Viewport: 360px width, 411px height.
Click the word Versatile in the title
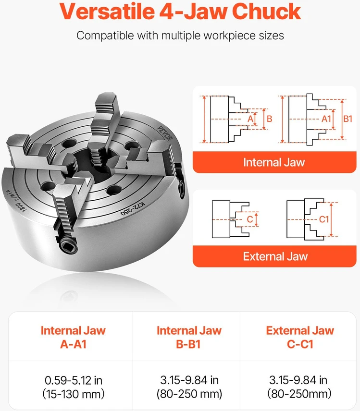pos(107,12)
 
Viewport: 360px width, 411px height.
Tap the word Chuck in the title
pos(266,12)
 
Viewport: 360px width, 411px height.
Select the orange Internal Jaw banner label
pos(274,162)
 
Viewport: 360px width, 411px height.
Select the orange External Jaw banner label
pos(275,256)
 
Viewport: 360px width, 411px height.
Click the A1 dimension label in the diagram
pos(326,119)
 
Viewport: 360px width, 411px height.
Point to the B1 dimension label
pos(348,119)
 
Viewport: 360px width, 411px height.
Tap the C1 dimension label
pos(324,219)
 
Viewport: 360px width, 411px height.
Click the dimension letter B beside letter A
pos(270,119)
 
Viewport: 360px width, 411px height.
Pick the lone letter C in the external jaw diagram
pos(250,219)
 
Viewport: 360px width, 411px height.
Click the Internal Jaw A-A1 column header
pos(73,337)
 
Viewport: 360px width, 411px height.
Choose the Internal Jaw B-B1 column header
pos(189,337)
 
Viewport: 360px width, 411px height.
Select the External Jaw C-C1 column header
pos(300,337)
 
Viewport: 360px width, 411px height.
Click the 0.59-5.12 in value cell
pos(73,380)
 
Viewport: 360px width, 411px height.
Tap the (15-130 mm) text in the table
pos(73,394)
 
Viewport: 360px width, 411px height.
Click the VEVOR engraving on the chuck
pos(165,133)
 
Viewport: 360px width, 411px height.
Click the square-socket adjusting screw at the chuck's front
pos(68,246)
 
